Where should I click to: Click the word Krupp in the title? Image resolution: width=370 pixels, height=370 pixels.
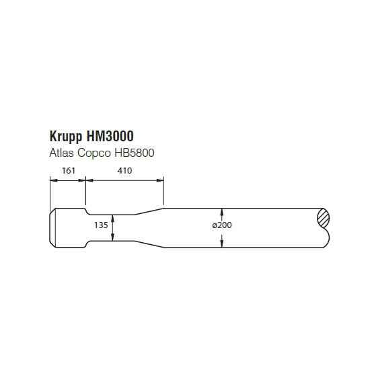pyautogui.click(x=66, y=137)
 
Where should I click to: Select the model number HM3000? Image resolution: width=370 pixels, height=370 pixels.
pyautogui.click(x=110, y=136)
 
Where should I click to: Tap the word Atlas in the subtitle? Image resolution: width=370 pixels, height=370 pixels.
pyautogui.click(x=61, y=153)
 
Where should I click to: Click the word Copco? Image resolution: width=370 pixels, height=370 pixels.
pyautogui.click(x=94, y=153)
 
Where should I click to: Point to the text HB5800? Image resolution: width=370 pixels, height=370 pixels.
pyautogui.click(x=135, y=153)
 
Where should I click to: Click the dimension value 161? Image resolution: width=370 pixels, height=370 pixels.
pyautogui.click(x=69, y=170)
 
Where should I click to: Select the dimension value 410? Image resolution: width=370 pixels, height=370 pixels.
pyautogui.click(x=124, y=170)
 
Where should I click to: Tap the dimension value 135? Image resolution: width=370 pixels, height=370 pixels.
pyautogui.click(x=101, y=225)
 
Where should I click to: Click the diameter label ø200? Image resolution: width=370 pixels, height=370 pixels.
pyautogui.click(x=222, y=225)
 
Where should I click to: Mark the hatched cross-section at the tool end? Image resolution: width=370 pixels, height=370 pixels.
pyautogui.click(x=324, y=217)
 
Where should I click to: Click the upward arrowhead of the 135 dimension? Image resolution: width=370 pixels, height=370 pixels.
pyautogui.click(x=112, y=218)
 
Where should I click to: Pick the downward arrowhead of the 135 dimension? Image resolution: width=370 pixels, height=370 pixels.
pyautogui.click(x=112, y=237)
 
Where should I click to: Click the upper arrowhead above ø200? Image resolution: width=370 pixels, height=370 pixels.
pyautogui.click(x=221, y=212)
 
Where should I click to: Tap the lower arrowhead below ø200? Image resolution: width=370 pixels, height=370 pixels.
pyautogui.click(x=221, y=244)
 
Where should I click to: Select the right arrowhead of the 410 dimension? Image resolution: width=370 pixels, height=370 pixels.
pyautogui.click(x=160, y=180)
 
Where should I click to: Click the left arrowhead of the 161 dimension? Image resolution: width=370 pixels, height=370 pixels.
pyautogui.click(x=54, y=180)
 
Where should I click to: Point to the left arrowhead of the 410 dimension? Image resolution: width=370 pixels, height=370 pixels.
pyautogui.click(x=89, y=180)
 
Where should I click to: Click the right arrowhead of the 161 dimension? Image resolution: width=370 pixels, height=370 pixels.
pyautogui.click(x=81, y=180)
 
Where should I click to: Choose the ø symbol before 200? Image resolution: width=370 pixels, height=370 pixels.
pyautogui.click(x=214, y=225)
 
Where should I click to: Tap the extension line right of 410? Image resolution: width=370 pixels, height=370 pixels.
pyautogui.click(x=163, y=190)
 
